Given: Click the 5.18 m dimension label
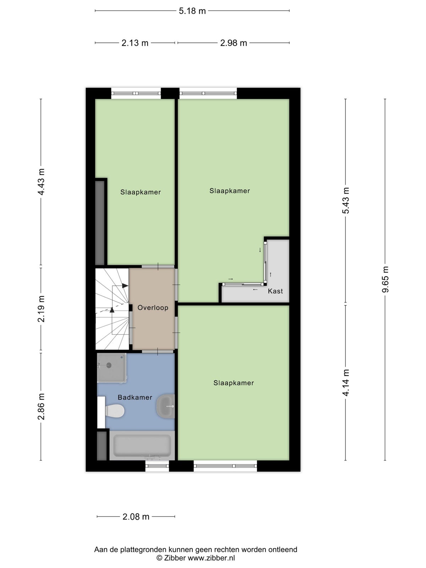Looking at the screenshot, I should [192, 11].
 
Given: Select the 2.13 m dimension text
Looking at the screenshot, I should [135, 43].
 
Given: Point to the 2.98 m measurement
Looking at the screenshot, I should [233, 43].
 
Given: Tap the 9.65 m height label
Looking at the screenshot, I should [386, 279].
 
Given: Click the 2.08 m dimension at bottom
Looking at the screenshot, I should [136, 517].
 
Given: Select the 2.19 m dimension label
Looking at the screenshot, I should [41, 308].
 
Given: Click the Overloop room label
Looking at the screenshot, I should [153, 308].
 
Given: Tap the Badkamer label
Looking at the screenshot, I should [135, 398].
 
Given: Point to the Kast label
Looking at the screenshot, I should [275, 291].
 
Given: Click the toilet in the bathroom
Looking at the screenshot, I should [114, 411].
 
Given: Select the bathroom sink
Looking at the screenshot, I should [166, 406].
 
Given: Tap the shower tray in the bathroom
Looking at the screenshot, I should [111, 367].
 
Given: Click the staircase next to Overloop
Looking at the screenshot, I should [111, 308].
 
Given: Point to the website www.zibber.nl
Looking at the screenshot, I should [211, 558].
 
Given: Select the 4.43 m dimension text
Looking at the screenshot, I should [41, 182].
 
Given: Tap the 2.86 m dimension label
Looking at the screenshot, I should [41, 406].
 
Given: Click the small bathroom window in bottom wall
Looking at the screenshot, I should [157, 466].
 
